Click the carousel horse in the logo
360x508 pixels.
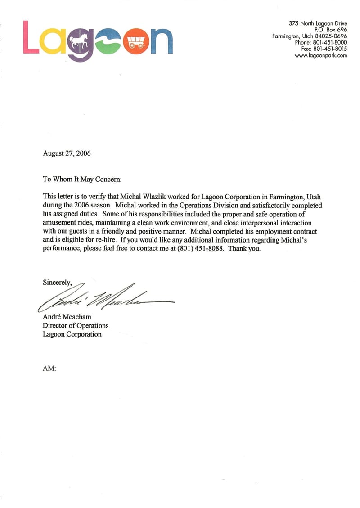point(79,41)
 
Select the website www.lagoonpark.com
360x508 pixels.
point(321,55)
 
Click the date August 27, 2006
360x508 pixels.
point(67,153)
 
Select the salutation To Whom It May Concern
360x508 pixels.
point(82,179)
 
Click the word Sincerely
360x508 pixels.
point(57,283)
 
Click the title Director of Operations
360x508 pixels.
point(76,326)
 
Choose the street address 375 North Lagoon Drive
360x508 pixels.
point(318,23)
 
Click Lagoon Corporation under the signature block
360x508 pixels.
point(72,334)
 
